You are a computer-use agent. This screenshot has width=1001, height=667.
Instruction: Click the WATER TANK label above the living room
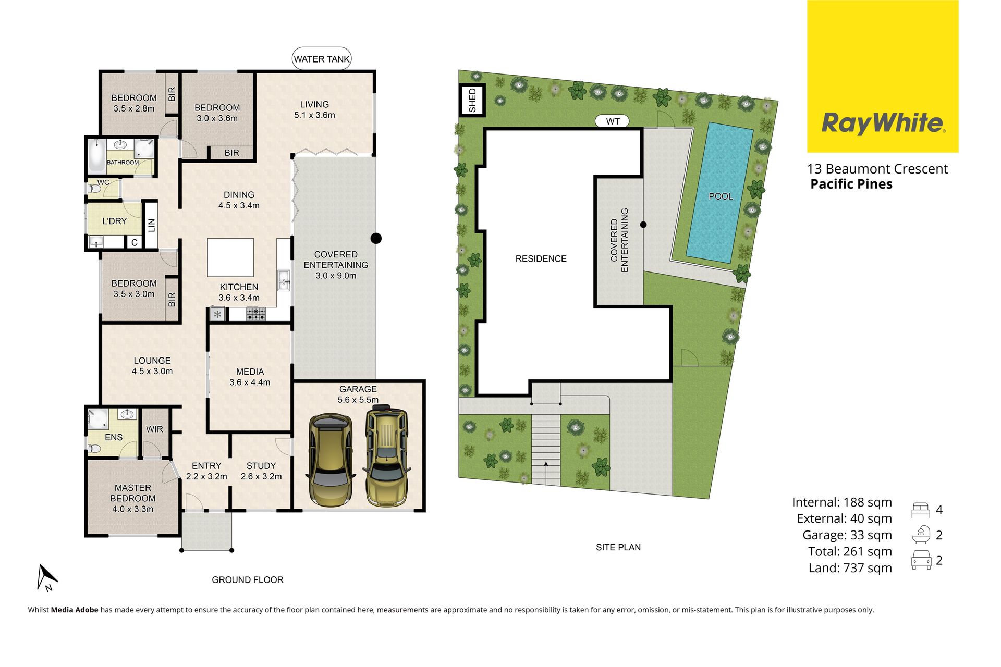(321, 59)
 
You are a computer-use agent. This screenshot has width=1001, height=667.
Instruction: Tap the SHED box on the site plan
(472, 100)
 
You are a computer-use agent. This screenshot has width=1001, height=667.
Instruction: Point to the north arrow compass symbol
(46, 577)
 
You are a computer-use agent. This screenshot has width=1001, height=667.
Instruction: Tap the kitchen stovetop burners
(255, 314)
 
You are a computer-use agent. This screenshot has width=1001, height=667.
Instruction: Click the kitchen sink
(284, 280)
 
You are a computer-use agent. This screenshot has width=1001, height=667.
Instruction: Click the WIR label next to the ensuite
(154, 429)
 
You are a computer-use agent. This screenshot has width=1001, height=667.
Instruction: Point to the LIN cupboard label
(151, 225)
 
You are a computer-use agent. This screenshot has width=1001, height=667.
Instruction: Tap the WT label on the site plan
(613, 121)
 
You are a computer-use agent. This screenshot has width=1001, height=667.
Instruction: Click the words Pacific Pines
(851, 184)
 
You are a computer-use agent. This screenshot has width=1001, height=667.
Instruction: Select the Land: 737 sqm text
(850, 567)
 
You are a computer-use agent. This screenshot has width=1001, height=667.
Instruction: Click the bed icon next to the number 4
(921, 510)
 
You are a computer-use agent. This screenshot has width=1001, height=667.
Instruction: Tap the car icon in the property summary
(921, 560)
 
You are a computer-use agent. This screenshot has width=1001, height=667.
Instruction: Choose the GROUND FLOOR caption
(248, 579)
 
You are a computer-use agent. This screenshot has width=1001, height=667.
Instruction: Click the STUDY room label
(261, 466)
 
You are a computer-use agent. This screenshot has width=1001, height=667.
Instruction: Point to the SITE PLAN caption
(618, 547)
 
